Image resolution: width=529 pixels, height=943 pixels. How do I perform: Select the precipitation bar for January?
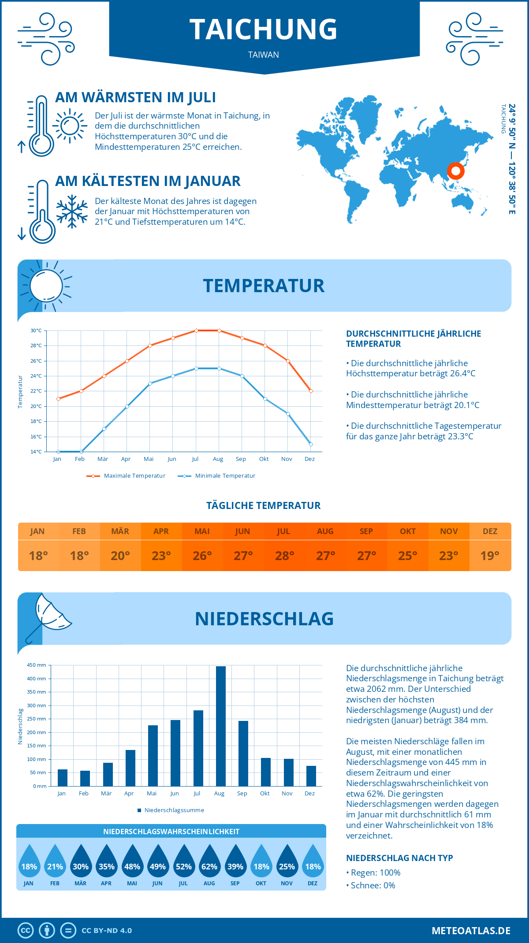coord(63,777)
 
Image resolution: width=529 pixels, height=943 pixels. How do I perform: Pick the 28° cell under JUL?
coord(284,556)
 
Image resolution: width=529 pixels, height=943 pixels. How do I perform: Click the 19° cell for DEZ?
coord(490,556)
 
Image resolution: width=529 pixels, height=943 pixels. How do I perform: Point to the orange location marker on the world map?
coord(455,171)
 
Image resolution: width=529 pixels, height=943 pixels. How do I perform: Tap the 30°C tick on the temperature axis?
coord(36,330)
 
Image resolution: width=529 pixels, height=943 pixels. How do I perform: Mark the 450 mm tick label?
coord(37,665)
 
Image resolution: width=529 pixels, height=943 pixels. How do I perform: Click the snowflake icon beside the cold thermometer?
coord(72,212)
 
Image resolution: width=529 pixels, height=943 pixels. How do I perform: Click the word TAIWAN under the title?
coord(264,55)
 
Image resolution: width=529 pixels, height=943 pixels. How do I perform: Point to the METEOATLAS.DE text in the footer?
coord(471,931)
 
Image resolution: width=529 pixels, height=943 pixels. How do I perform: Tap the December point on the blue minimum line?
coord(311,444)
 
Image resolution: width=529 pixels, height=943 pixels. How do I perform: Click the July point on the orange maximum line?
coord(196,330)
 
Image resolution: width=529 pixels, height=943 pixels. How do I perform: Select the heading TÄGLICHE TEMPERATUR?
coord(264,505)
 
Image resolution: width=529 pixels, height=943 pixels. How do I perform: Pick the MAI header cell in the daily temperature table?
coord(202,531)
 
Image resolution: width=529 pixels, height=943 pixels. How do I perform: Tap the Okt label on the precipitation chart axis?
coord(264,793)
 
